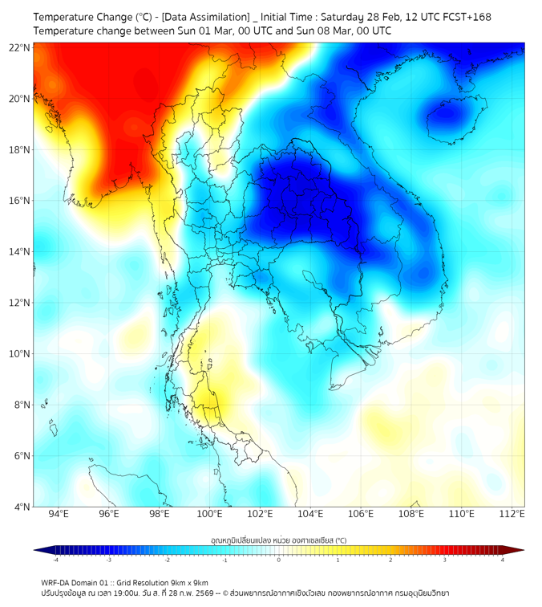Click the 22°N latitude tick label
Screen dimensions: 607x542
tap(20, 48)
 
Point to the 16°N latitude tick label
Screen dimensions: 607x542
tap(20, 201)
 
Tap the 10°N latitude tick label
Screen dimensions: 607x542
tap(20, 354)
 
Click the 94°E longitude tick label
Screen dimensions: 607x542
tap(59, 514)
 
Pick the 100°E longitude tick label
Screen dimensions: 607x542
tap(210, 514)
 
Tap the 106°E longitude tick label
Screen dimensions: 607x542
tap(361, 514)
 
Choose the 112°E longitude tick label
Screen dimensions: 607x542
tap(512, 514)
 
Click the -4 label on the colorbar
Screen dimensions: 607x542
tap(55, 560)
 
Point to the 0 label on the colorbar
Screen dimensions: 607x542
tap(279, 560)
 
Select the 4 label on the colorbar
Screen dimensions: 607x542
tap(503, 560)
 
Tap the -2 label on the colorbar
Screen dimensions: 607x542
tap(167, 560)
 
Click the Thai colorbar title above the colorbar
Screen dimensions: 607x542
tap(278, 540)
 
